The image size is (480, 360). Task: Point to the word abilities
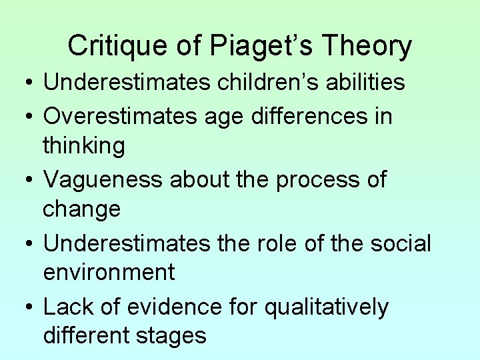click(x=369, y=82)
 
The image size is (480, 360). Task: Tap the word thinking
click(x=83, y=145)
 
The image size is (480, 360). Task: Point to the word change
click(x=81, y=209)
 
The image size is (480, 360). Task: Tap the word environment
click(x=109, y=272)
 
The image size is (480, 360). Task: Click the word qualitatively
click(x=326, y=307)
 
